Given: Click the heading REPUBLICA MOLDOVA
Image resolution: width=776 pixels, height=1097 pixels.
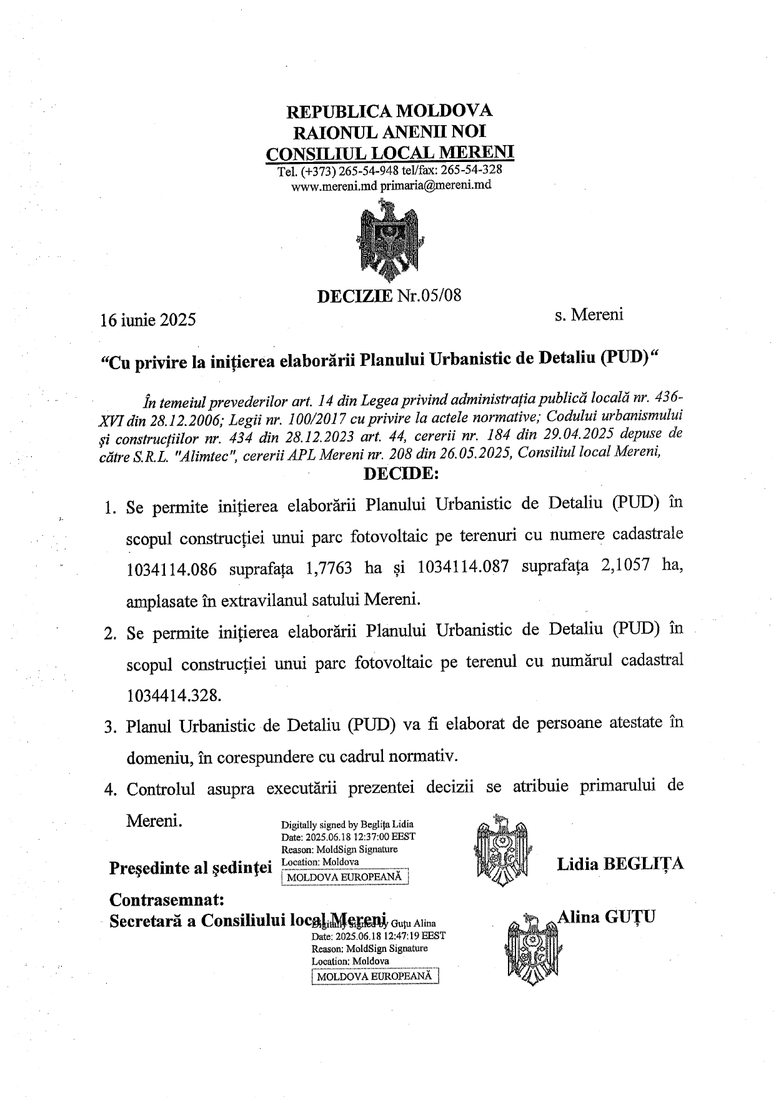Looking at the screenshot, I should (x=389, y=111).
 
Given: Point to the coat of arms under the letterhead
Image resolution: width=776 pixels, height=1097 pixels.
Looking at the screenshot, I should (x=390, y=240).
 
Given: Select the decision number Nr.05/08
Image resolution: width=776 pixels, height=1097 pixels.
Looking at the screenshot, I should (x=429, y=295).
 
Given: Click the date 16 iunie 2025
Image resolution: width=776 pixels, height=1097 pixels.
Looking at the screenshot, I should (x=149, y=320).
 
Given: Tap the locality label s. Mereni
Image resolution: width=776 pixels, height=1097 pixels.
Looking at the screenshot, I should (x=589, y=315).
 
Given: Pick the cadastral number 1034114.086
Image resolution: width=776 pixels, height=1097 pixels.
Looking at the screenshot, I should (x=172, y=569).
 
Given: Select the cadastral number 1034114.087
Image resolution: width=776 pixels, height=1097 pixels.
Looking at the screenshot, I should (x=463, y=567).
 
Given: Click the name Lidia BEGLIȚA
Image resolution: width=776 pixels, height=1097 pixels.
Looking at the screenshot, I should (x=620, y=864).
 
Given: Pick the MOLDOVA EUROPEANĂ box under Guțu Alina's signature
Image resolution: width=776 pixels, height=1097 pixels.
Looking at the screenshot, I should (x=374, y=976).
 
